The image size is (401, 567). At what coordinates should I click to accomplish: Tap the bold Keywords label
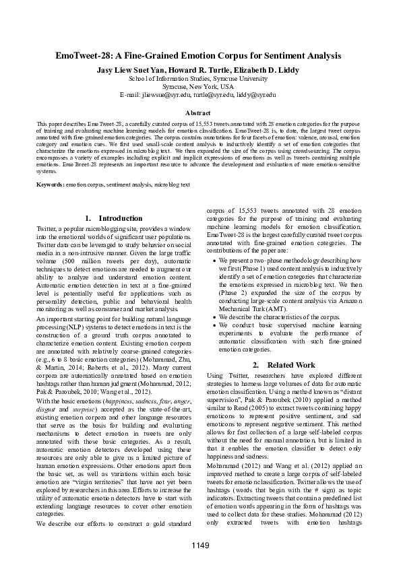point(50,184)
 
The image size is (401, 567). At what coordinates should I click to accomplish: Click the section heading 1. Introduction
point(115,219)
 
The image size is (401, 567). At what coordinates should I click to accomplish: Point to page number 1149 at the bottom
point(201,545)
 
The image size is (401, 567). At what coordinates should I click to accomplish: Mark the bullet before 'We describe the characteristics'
point(214,315)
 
